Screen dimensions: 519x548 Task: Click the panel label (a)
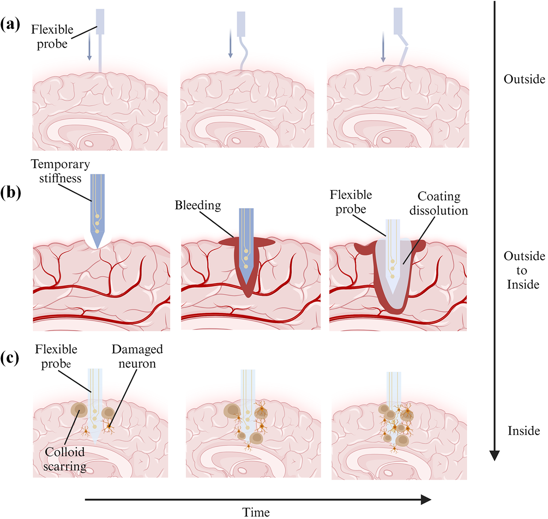10,25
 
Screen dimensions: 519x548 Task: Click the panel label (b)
10,192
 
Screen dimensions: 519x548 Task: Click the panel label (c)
10,358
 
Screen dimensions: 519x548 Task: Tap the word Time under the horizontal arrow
256,512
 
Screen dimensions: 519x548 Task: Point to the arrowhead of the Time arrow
426,499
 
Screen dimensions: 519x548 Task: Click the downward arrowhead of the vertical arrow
494,455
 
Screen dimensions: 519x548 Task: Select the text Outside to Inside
524,270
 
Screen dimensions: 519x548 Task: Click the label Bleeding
198,205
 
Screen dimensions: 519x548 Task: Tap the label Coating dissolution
439,203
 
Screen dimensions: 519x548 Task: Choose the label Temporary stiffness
60,171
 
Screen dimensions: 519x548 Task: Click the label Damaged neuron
137,356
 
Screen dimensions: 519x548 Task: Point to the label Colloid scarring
65,459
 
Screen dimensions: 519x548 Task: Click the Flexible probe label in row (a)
52,36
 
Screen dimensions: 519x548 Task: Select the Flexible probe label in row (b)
351,202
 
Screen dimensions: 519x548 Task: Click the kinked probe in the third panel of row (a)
404,52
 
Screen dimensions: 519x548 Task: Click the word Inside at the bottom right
524,431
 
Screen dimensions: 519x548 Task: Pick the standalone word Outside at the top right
524,79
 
